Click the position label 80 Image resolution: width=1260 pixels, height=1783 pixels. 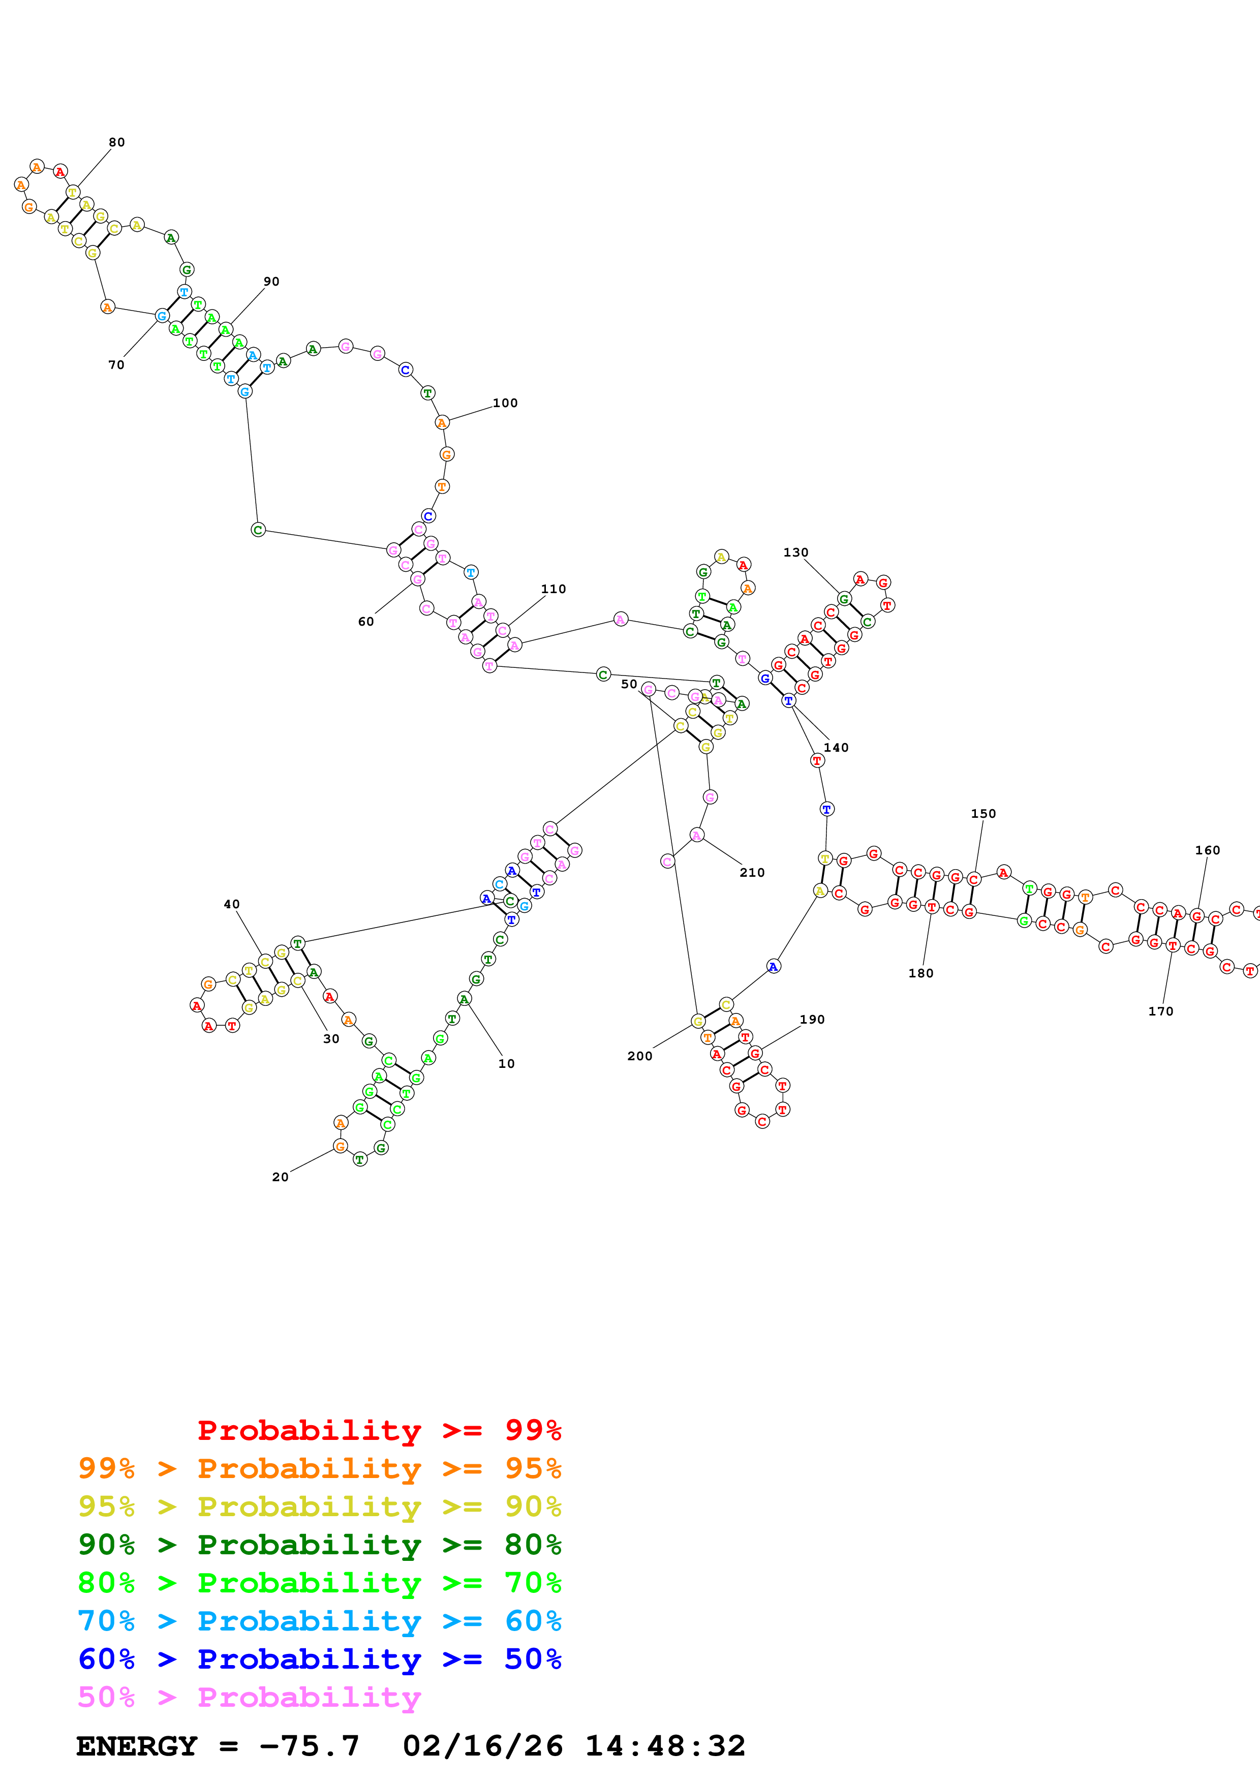click(x=116, y=142)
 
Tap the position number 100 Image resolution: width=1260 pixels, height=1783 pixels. click(x=505, y=403)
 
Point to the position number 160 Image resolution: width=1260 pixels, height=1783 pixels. click(x=1207, y=850)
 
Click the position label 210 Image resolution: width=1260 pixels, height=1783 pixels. click(x=752, y=872)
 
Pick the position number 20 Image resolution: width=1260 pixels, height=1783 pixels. click(x=280, y=1177)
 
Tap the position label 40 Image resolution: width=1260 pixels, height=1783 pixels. click(x=231, y=904)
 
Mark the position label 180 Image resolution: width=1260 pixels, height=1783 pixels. click(x=921, y=973)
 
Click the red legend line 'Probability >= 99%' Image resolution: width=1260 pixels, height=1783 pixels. click(x=379, y=1430)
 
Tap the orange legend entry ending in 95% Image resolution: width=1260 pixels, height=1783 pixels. click(x=319, y=1468)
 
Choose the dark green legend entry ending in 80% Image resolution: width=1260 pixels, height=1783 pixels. click(x=319, y=1545)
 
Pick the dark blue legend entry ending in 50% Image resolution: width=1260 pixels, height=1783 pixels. click(x=319, y=1659)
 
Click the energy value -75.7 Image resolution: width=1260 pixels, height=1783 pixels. click(x=309, y=1746)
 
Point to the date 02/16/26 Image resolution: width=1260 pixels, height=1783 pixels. click(x=482, y=1746)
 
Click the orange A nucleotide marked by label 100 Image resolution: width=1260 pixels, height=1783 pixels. click(x=442, y=422)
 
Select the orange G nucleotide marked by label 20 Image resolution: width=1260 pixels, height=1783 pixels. click(x=340, y=1146)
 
